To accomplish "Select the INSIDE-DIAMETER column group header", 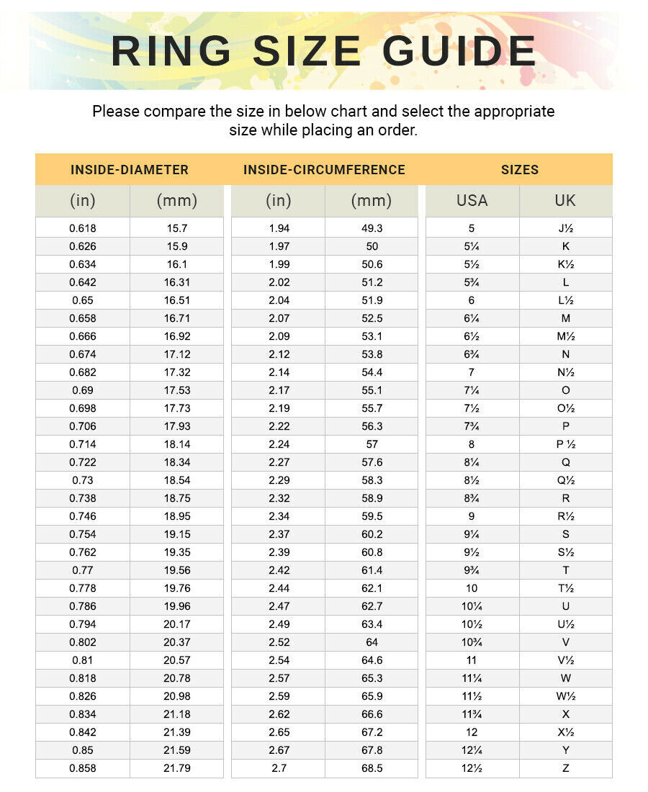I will [130, 170].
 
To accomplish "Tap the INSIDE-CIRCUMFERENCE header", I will [324, 170].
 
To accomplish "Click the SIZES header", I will [520, 170].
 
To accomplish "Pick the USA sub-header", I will [472, 201].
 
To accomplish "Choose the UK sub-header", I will [565, 201].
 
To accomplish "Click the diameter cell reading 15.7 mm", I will [177, 228].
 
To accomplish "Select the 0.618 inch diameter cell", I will [83, 228].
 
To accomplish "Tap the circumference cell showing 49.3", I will [372, 228].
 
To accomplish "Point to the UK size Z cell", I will [565, 768].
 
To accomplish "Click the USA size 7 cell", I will [472, 372].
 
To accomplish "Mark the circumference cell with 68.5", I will [372, 768].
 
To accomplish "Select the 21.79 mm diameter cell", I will [177, 768].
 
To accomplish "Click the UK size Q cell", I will [565, 462].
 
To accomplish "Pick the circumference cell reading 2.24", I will [279, 444].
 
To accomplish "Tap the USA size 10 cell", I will [472, 588].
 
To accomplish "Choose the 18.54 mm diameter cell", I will [177, 480].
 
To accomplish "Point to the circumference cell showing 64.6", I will [372, 660].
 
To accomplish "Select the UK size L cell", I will [565, 282].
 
